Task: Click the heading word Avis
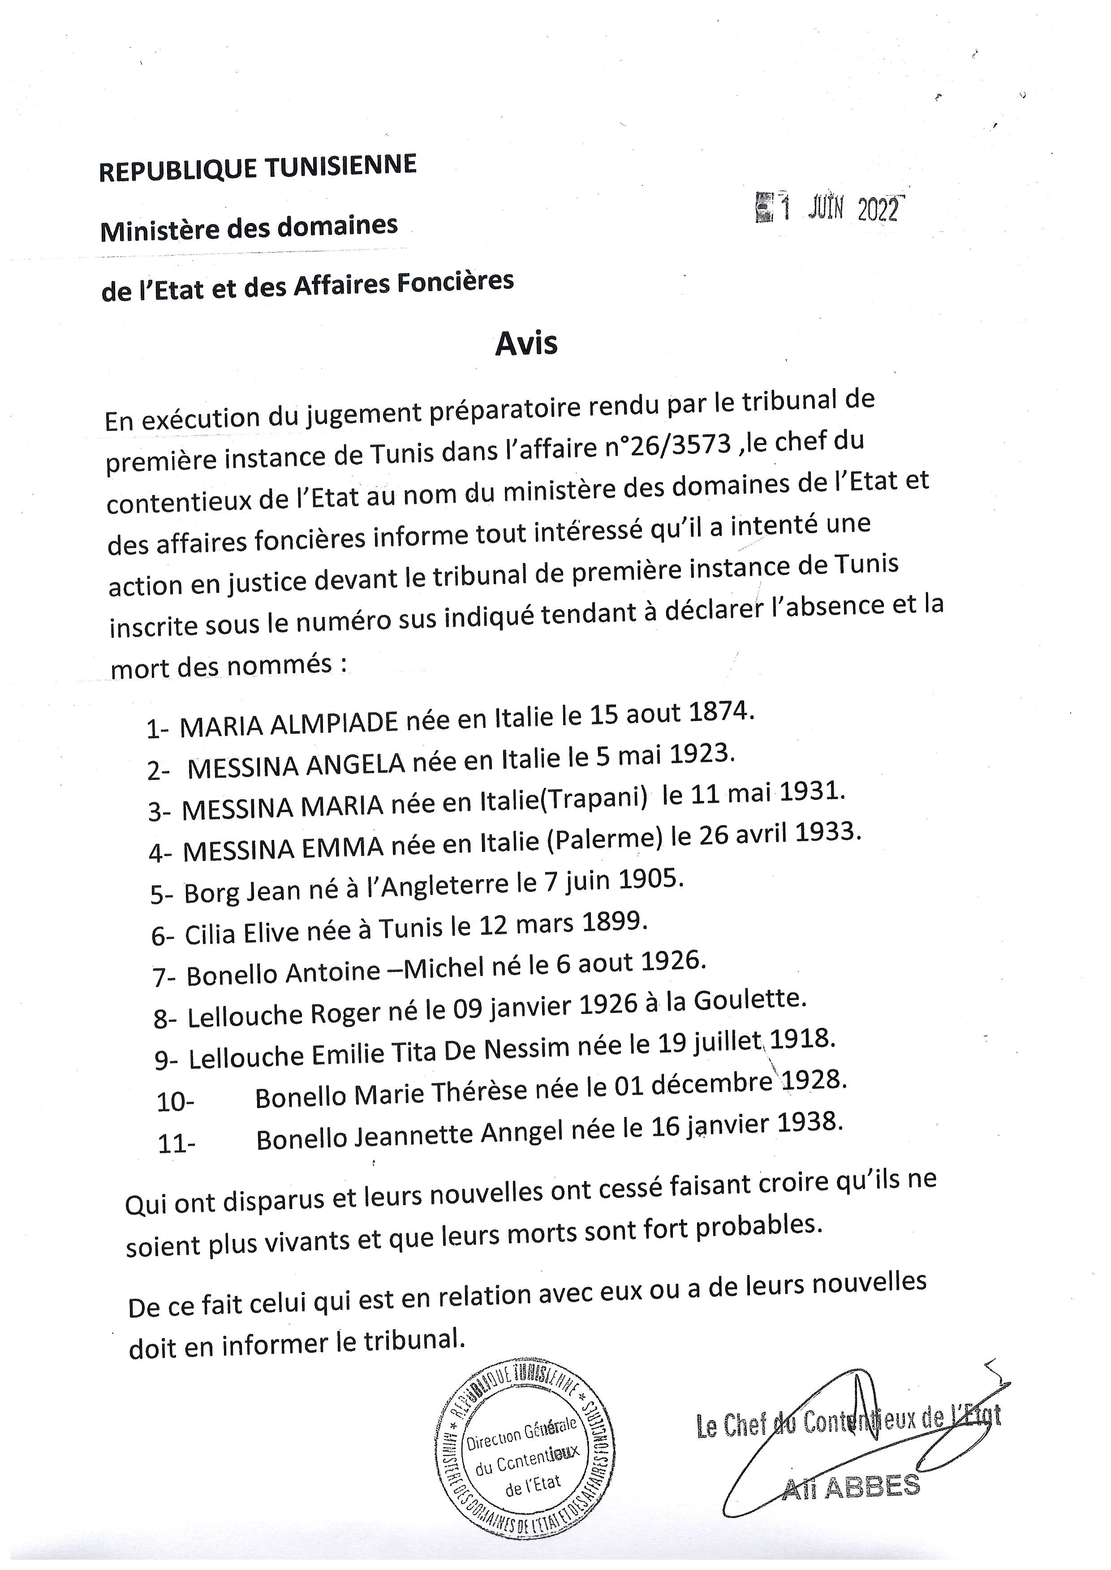[x=526, y=343]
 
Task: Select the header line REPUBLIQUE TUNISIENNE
[x=258, y=168]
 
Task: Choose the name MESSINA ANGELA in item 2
[x=296, y=766]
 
